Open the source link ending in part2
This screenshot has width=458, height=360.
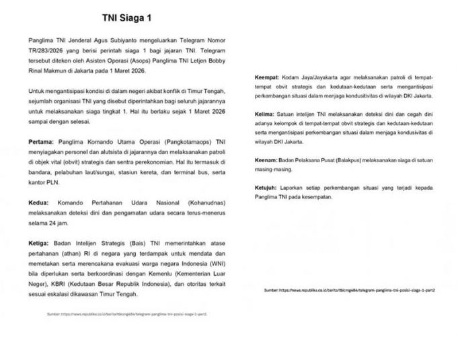point(349,289)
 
